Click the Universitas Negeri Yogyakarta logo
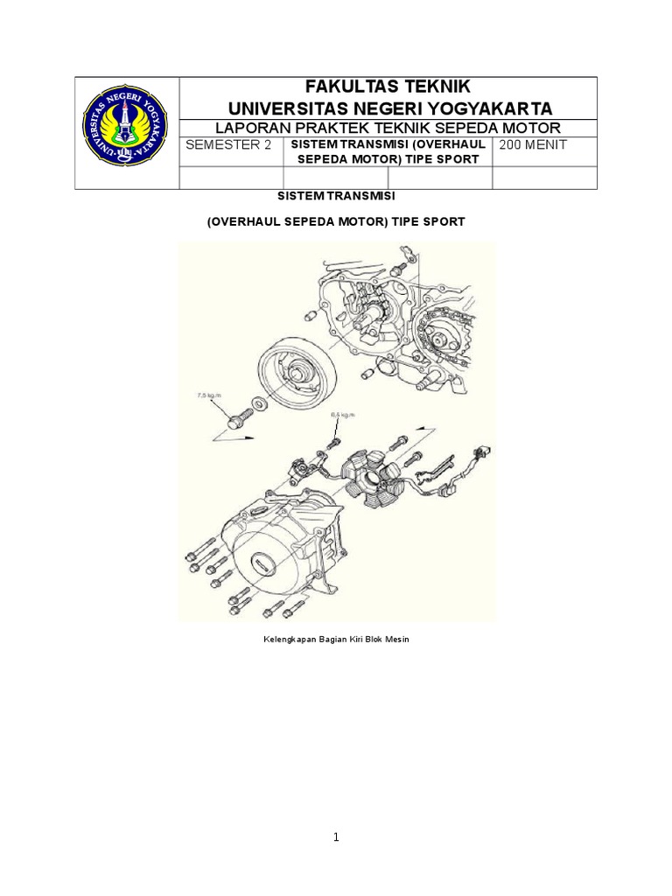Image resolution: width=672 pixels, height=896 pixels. tap(126, 133)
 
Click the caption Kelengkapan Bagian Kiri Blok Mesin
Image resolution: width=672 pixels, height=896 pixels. tap(337, 640)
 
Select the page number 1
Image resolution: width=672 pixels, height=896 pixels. tap(336, 837)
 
